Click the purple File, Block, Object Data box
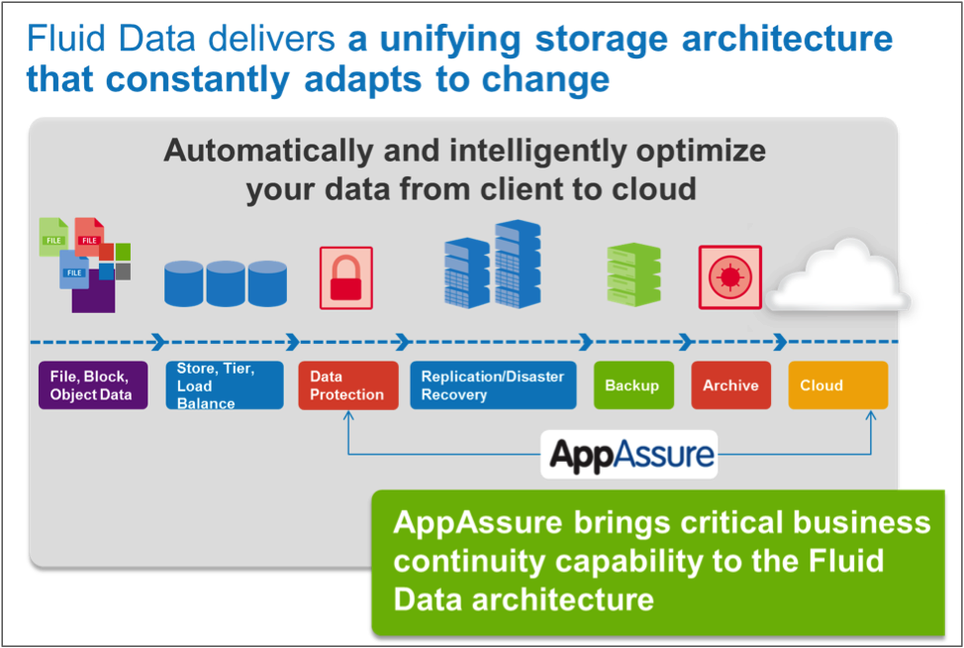click(x=92, y=385)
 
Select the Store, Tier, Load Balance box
click(x=224, y=385)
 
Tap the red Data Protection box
click(x=346, y=385)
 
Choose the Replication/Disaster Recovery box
click(x=493, y=385)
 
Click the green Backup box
click(x=632, y=385)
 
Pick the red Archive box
click(x=730, y=385)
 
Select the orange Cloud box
click(x=837, y=385)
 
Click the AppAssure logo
click(x=629, y=455)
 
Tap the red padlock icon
click(x=345, y=278)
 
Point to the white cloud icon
click(x=840, y=276)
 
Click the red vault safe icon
click(x=730, y=276)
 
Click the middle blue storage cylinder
click(x=226, y=281)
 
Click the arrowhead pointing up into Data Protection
click(x=348, y=416)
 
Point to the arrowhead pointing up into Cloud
click(x=871, y=416)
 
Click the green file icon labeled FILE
click(x=52, y=238)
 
